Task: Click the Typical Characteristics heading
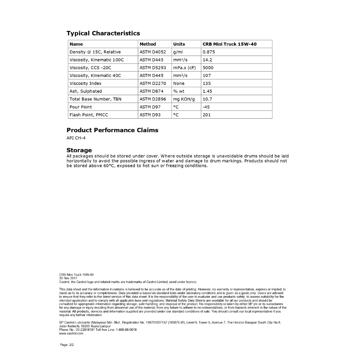point(103,33)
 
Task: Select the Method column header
point(148,44)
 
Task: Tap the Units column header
point(179,44)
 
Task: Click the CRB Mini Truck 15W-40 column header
point(230,44)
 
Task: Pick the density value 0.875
point(209,52)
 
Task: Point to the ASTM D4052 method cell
point(153,52)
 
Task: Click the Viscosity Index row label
point(85,83)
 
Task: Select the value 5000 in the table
point(208,67)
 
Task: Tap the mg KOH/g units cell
point(184,99)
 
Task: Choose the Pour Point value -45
point(206,107)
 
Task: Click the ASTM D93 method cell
point(150,115)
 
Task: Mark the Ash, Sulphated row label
point(85,91)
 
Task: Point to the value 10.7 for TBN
point(207,99)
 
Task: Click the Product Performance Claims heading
point(112,130)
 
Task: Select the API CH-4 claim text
point(76,138)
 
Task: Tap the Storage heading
point(79,150)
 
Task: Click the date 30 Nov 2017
point(68,278)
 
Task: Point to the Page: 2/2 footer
point(67,345)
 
